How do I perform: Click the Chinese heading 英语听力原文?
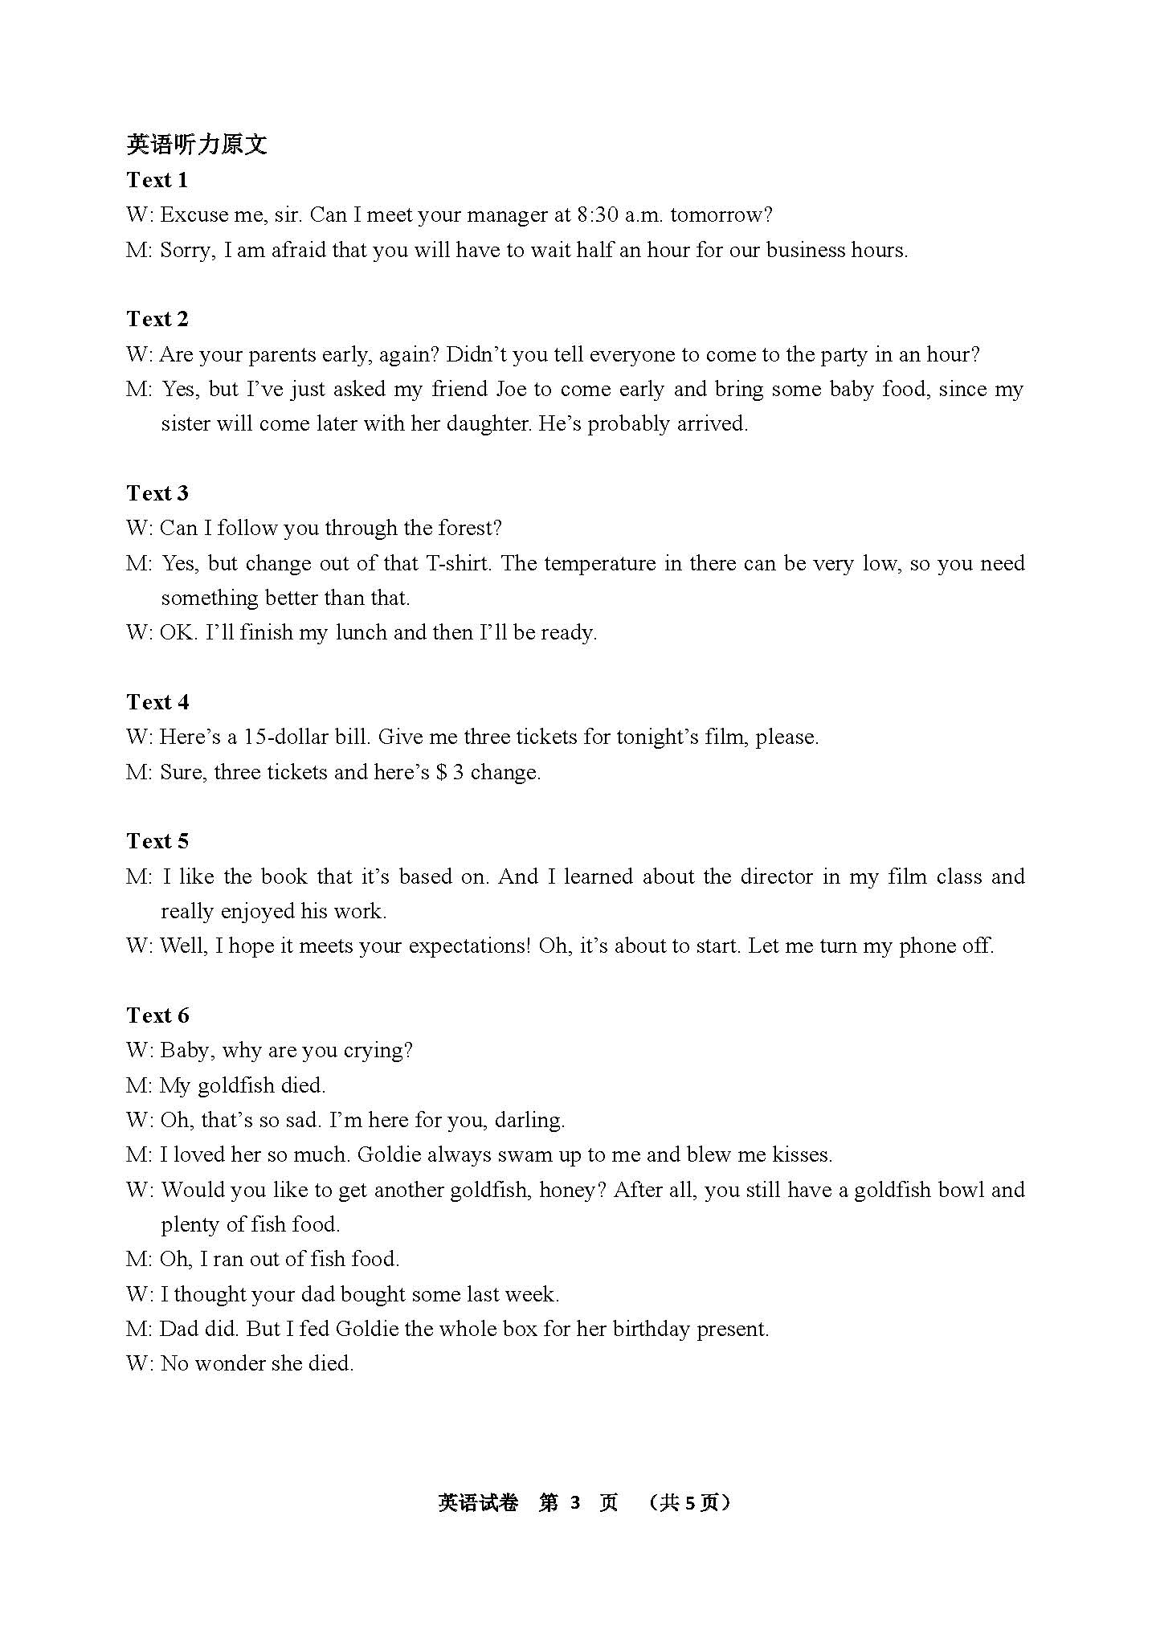(197, 145)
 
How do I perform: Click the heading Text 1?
(157, 180)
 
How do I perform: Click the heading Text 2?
(157, 319)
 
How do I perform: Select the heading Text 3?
(157, 493)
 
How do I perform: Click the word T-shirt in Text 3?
(455, 563)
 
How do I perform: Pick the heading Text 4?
(157, 702)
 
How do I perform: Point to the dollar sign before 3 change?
(441, 773)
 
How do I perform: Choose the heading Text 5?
(157, 841)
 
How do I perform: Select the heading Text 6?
(157, 1015)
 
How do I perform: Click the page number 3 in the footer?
(574, 1503)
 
